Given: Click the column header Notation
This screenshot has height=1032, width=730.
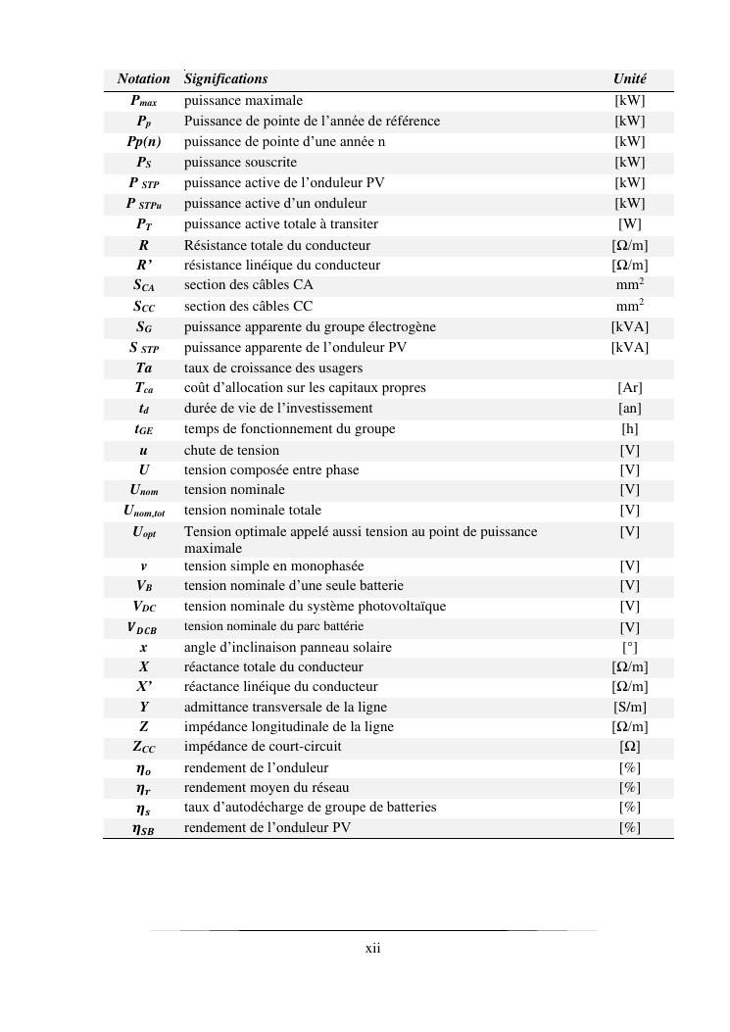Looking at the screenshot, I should click(143, 78).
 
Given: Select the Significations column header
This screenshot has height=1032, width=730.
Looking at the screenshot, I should click(225, 78).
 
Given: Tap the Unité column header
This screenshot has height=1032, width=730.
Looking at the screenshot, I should click(629, 78).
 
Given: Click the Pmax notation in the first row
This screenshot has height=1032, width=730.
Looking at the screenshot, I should click(143, 101).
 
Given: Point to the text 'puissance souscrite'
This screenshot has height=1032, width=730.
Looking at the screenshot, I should click(240, 163).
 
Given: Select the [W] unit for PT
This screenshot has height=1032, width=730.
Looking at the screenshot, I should click(629, 224).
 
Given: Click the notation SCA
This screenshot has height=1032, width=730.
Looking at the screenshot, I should click(143, 285).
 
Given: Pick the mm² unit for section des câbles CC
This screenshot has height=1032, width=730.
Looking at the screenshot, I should click(629, 306).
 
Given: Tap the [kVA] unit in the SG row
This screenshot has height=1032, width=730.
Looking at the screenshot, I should click(629, 326).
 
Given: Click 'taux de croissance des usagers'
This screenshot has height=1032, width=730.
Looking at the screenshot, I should click(273, 369).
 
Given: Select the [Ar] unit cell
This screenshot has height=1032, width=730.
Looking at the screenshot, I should click(629, 388).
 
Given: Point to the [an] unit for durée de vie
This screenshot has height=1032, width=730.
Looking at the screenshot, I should click(629, 409).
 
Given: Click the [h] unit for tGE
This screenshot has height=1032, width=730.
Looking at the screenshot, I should click(629, 429).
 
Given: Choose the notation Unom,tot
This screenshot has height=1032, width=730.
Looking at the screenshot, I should click(143, 511).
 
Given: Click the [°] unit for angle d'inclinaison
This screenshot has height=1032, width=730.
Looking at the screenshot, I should click(629, 648).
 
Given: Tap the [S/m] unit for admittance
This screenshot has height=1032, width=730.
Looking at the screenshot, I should click(629, 708).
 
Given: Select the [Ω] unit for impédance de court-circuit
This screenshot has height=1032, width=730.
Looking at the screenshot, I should click(629, 747).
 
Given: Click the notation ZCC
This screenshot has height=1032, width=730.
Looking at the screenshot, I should click(143, 747).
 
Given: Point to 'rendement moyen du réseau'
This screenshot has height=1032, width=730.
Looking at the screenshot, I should click(267, 787).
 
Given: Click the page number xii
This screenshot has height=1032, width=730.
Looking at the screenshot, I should click(372, 948).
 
